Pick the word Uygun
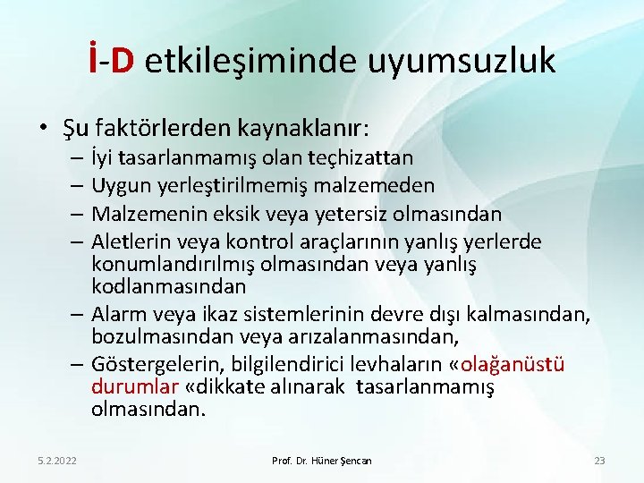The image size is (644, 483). [x=120, y=185]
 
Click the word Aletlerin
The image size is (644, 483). [x=131, y=242]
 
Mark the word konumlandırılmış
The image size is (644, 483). [x=167, y=265]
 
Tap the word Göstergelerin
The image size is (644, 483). [x=151, y=366]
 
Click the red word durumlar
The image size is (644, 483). [x=123, y=388]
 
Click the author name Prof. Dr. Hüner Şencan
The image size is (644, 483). [x=321, y=460]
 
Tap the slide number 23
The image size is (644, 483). [x=599, y=460]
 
